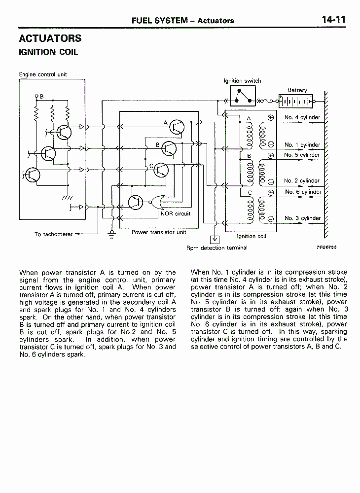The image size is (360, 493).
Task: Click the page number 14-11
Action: pos(333,20)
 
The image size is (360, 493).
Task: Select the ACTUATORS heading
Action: pos(50,38)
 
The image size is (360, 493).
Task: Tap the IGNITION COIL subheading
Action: pos(48,52)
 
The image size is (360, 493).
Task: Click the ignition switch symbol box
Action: pos(243,96)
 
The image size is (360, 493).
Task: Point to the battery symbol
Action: pos(296,101)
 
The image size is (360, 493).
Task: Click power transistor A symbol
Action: pos(177,127)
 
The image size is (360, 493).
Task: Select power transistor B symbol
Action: pos(169,148)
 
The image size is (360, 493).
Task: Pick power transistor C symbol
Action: pos(161,170)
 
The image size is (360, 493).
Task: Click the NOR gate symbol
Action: pos(156,202)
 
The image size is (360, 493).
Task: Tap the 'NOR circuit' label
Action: pos(176,213)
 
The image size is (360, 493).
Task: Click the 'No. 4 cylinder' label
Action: pos(302,117)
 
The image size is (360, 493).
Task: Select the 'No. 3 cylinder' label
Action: pos(302,218)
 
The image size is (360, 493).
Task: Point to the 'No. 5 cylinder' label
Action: pos(302,155)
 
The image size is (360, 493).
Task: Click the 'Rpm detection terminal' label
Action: pos(217,248)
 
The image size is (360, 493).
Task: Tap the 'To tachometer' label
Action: pos(53,234)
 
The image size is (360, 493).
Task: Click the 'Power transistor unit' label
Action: pos(159,232)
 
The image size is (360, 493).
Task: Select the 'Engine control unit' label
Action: pos(43,74)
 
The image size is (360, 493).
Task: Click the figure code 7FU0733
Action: pos(326,247)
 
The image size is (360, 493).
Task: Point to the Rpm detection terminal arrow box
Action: pos(215,240)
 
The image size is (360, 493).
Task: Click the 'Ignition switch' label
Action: pos(243,81)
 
